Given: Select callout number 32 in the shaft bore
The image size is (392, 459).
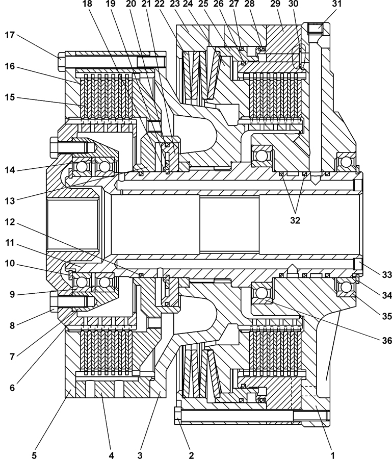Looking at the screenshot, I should [x=295, y=220].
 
